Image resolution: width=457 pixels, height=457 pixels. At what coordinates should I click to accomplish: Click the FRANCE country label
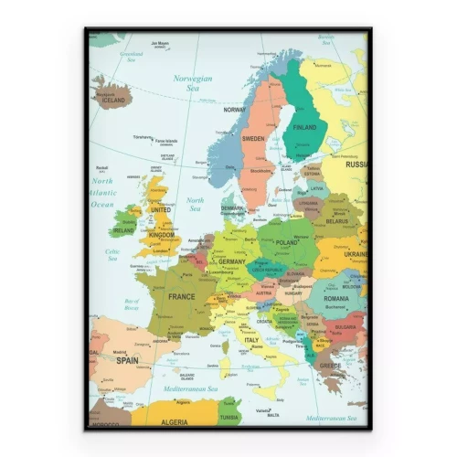182,297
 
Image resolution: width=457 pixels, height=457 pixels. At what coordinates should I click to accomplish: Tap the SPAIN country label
127,360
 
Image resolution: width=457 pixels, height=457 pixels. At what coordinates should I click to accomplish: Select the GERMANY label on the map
232,261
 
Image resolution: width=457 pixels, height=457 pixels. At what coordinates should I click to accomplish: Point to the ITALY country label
251,340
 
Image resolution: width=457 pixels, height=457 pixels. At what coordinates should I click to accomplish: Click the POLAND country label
287,243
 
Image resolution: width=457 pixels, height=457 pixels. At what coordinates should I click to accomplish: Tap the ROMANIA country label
336,299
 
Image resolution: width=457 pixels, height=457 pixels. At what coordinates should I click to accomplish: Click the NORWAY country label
235,110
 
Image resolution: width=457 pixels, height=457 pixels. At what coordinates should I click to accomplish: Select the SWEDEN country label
253,139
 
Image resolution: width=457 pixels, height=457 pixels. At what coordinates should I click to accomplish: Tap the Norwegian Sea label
193,83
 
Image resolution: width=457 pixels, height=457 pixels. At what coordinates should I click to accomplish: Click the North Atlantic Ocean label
102,193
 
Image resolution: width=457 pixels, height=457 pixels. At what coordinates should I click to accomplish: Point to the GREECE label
330,367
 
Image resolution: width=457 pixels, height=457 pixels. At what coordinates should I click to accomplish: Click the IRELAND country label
122,230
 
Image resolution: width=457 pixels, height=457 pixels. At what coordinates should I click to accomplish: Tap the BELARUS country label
337,221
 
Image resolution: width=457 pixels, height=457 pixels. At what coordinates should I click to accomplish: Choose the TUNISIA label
230,417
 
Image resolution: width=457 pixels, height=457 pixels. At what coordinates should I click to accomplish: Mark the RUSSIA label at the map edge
356,165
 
